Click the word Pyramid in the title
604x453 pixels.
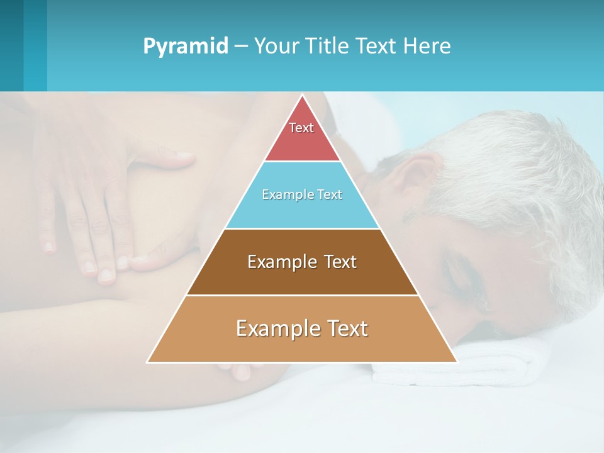[x=185, y=47]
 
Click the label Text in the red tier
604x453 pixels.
[x=301, y=128]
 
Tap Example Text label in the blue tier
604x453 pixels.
[x=302, y=194]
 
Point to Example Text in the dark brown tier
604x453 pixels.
[x=302, y=262]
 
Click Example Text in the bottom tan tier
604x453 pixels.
[x=302, y=328]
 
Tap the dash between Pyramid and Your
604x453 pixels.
[x=240, y=47]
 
